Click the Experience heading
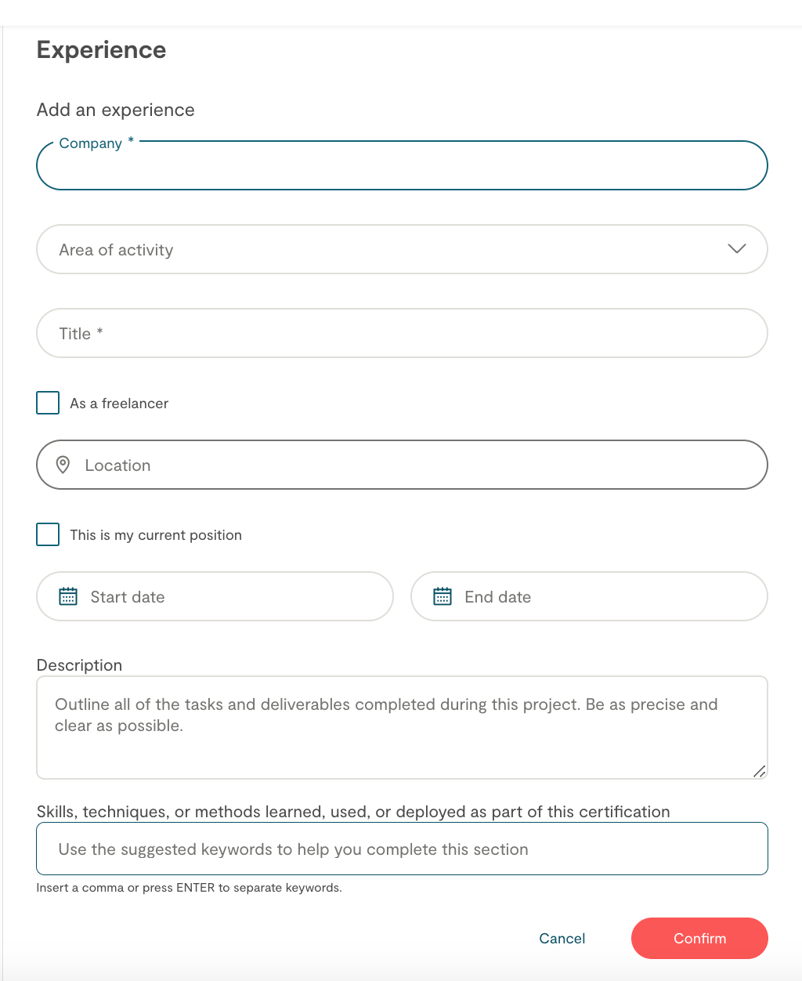101,50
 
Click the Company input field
401,166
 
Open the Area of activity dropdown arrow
736,249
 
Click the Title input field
401,334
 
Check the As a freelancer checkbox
48,403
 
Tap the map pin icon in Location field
63,465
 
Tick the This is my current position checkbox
48,534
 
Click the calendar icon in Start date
68,596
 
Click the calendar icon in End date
443,596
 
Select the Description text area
401,737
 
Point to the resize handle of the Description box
759,771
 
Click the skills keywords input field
401,849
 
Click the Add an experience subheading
115,110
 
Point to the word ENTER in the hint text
195,888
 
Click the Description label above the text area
79,665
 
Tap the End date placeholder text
497,597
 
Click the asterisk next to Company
131,141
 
